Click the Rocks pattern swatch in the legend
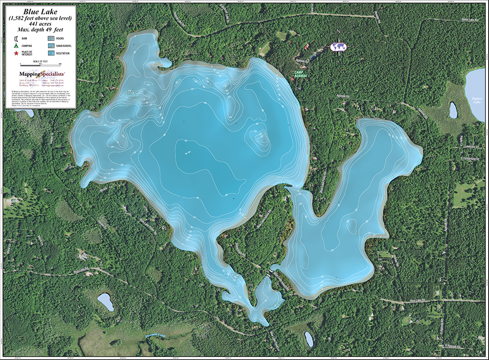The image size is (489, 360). pyautogui.click(x=51, y=38)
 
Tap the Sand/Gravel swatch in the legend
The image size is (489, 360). pyautogui.click(x=51, y=45)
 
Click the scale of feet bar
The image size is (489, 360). pyautogui.click(x=40, y=64)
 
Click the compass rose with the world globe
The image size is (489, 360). pyautogui.click(x=338, y=46)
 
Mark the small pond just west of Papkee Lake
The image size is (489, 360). pyautogui.click(x=453, y=110)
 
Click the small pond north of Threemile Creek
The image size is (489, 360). pyautogui.click(x=105, y=302)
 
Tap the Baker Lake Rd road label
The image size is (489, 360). pyautogui.click(x=471, y=20)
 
